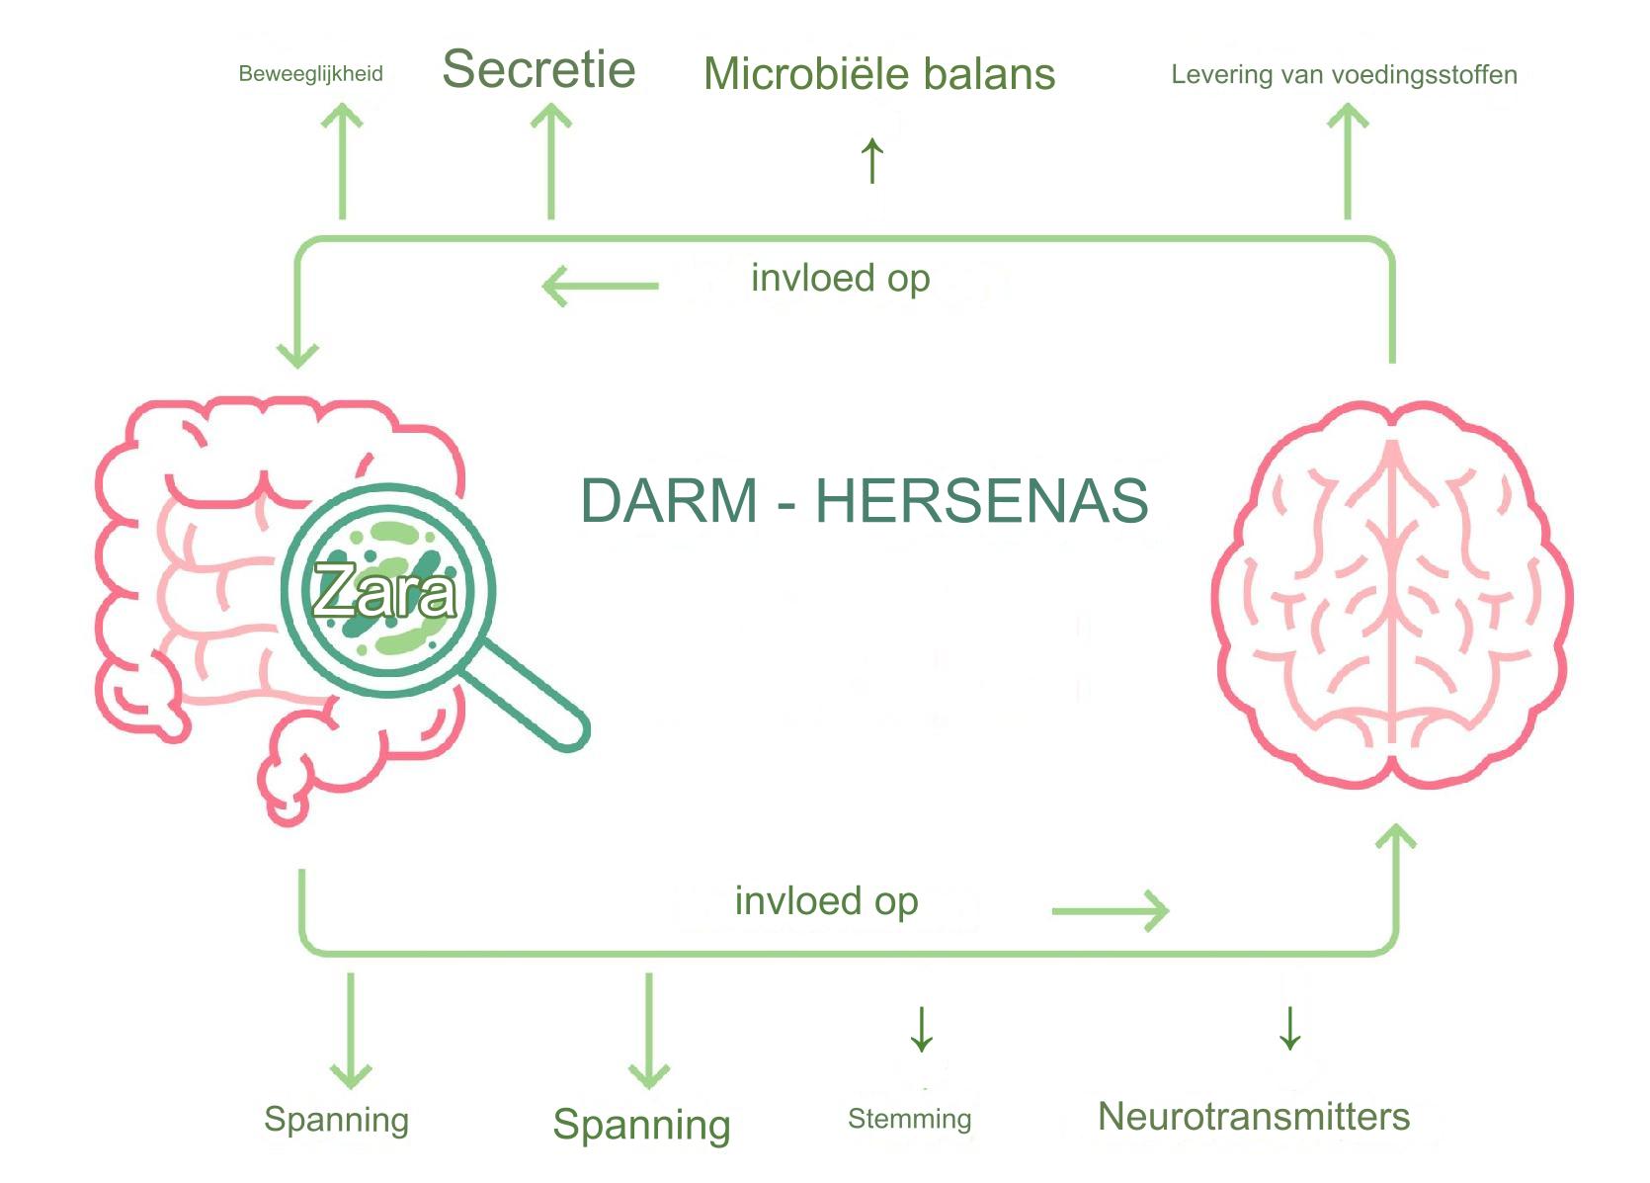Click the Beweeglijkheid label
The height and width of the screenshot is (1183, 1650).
tap(310, 74)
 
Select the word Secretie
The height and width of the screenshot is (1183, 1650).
tap(538, 69)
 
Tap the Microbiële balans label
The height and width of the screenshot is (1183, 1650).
tap(879, 74)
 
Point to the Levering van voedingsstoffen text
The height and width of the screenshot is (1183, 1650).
tap(1344, 75)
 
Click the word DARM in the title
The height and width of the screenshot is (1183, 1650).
tap(669, 500)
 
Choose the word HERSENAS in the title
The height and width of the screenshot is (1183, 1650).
tap(981, 500)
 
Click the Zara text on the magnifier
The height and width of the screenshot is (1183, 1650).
tap(384, 592)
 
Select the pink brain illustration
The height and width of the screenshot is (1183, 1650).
tap(1392, 593)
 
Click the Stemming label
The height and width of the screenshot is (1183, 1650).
tap(909, 1119)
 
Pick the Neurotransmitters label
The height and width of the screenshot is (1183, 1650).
tap(1254, 1117)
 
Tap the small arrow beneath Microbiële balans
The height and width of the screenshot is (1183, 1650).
tap(871, 160)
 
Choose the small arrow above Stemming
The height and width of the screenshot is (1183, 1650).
tap(921, 1029)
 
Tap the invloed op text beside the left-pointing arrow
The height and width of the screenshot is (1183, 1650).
tap(840, 279)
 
